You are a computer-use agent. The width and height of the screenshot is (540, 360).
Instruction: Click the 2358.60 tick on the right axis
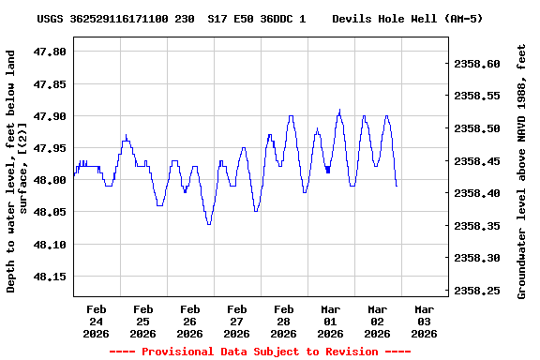[x=477, y=64]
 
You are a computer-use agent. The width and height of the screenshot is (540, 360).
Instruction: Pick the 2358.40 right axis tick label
[x=477, y=193]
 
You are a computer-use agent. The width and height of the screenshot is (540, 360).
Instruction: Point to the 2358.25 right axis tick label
[x=477, y=291]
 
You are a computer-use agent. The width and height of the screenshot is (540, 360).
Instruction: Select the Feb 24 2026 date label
[x=97, y=321]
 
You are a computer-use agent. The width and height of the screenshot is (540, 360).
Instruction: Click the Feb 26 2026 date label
[x=190, y=321]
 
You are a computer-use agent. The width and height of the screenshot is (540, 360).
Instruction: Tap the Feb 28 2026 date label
[x=284, y=321]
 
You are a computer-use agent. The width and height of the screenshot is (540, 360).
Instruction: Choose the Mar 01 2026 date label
[x=331, y=321]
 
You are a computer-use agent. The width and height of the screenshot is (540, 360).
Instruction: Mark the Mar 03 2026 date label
[x=425, y=321]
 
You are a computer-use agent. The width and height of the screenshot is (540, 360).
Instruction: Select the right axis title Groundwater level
[x=521, y=169]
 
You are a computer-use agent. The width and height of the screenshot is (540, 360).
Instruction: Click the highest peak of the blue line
[x=339, y=110]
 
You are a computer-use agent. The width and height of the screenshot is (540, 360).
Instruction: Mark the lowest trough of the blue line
[x=208, y=224]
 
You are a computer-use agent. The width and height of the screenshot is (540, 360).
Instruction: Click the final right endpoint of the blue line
[x=397, y=186]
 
